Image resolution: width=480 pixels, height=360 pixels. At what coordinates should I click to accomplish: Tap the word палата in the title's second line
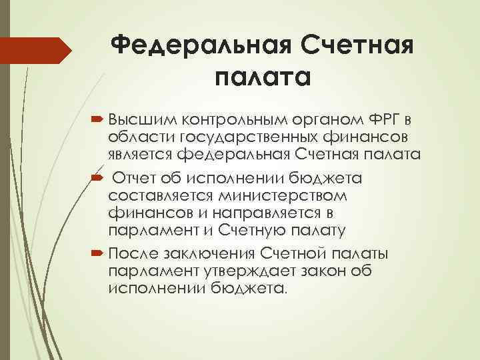point(262,78)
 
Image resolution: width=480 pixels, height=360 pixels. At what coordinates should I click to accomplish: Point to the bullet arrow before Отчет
point(97,178)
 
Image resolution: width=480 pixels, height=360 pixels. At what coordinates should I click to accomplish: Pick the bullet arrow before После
point(97,253)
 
